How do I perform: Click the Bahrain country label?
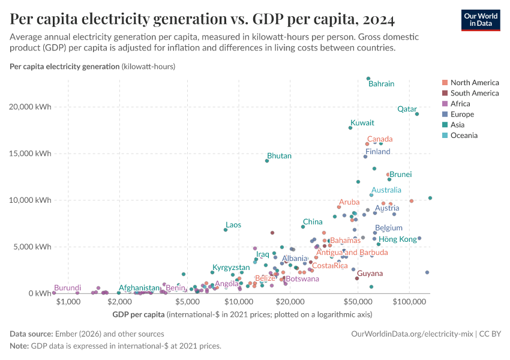pyautogui.click(x=381, y=84)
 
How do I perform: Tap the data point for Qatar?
pyautogui.click(x=417, y=114)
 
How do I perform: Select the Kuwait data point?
pyautogui.click(x=350, y=128)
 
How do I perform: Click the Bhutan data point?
pyautogui.click(x=267, y=161)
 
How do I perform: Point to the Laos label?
pyautogui.click(x=233, y=225)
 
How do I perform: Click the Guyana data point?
pyautogui.click(x=357, y=278)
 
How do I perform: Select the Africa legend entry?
pyautogui.click(x=461, y=104)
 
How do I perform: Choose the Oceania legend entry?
pyautogui.click(x=464, y=136)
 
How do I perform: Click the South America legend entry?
pyautogui.click(x=474, y=93)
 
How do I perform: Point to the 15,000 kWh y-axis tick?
pyautogui.click(x=35, y=154)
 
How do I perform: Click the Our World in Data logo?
pyautogui.click(x=480, y=20)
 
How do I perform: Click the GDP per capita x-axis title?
pyautogui.click(x=138, y=314)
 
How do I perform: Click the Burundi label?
pyautogui.click(x=67, y=288)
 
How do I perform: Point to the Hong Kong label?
pyautogui.click(x=398, y=239)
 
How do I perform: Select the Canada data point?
pyautogui.click(x=367, y=144)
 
